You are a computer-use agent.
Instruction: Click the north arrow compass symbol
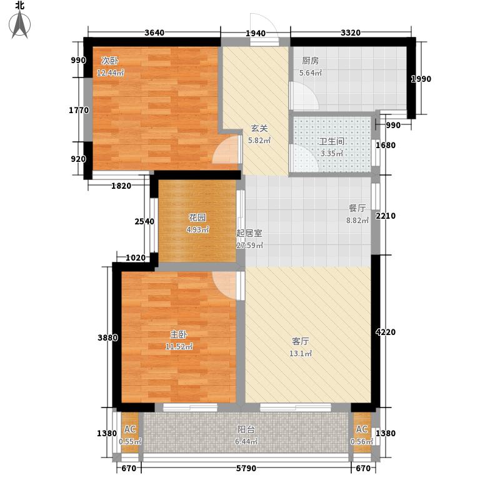tap(19, 24)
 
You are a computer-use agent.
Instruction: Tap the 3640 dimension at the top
tap(154, 32)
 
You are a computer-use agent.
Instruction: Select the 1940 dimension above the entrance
tap(256, 33)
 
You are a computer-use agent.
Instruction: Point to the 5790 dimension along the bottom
tap(246, 468)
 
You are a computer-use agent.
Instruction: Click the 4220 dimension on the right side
tap(386, 332)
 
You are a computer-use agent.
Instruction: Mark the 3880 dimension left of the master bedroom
tap(107, 337)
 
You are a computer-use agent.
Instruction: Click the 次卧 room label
tap(110, 60)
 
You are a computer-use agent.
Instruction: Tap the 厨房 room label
tap(310, 61)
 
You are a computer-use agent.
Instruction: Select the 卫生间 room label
tap(332, 141)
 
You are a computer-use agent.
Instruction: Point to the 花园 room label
tap(197, 217)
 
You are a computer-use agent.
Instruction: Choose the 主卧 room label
tap(178, 334)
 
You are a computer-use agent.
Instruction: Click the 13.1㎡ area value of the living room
tap(301, 353)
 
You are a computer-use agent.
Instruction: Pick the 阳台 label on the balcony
tap(246, 429)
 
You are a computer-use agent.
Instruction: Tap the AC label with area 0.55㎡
tap(130, 429)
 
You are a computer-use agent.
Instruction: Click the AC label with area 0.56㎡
tap(362, 429)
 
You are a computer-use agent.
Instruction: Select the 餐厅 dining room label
tap(357, 208)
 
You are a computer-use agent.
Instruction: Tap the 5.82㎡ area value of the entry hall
tap(259, 140)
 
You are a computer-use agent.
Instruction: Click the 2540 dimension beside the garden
tap(144, 221)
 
